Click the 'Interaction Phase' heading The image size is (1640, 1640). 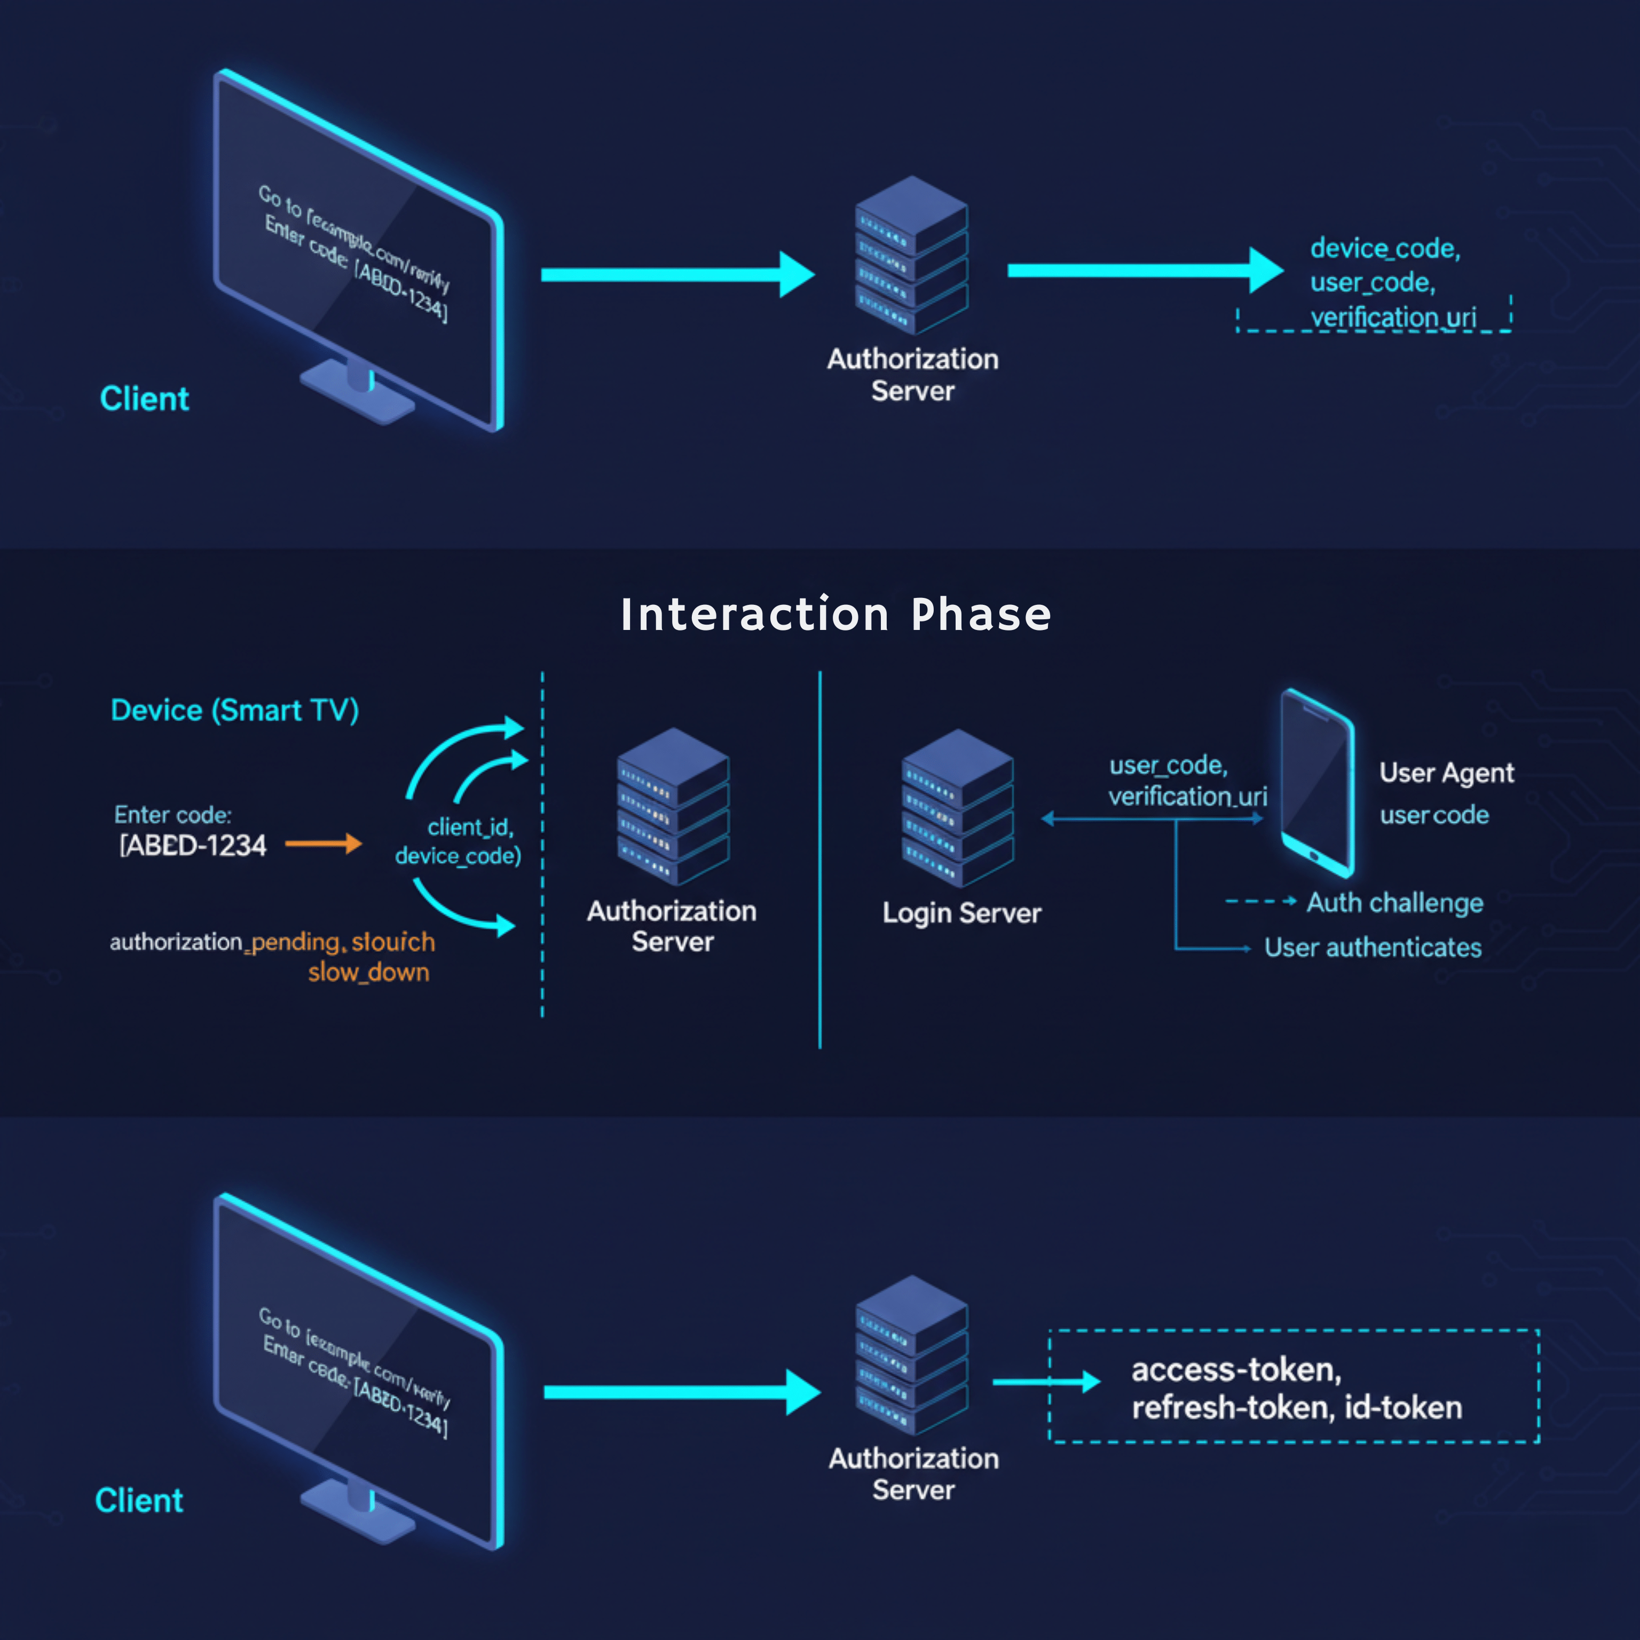835,614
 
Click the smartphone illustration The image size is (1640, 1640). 1316,783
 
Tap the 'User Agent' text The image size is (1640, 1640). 1446,772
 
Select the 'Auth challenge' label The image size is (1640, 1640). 1394,902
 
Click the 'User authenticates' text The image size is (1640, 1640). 1373,948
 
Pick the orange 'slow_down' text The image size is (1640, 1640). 368,972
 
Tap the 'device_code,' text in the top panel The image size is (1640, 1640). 1384,249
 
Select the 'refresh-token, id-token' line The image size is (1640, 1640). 1296,1407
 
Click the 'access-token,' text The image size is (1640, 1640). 1236,1369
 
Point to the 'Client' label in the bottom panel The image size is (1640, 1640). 139,1500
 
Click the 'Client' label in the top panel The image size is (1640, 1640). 144,398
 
